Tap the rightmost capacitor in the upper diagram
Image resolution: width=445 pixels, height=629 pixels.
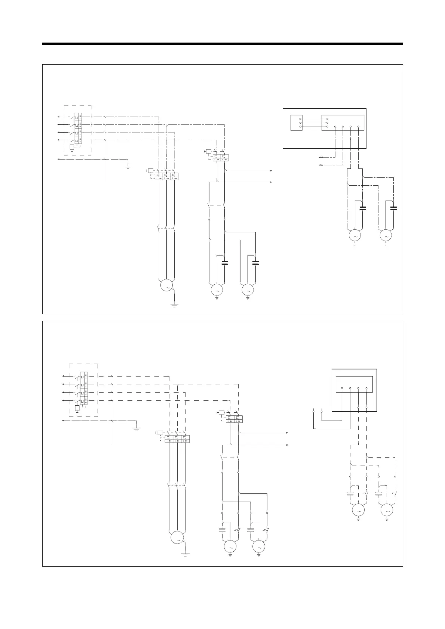(x=393, y=208)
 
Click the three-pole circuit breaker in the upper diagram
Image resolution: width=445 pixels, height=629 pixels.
(x=166, y=176)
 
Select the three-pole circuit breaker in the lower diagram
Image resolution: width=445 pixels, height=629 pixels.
(x=177, y=439)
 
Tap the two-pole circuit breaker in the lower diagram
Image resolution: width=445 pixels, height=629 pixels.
(x=234, y=419)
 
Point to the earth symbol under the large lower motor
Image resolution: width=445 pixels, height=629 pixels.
(x=185, y=554)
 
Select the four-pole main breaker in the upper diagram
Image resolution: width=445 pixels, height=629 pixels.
(x=78, y=129)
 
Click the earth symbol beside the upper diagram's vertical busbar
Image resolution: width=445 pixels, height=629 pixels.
(x=128, y=166)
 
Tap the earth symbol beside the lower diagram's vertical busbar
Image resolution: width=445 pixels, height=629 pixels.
(x=136, y=428)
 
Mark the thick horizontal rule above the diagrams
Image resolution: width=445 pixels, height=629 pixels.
(x=222, y=44)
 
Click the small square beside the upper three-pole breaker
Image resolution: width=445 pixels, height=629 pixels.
(x=150, y=171)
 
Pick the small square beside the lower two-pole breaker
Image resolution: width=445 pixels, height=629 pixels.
(x=221, y=412)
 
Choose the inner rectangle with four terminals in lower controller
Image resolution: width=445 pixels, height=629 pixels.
(x=355, y=384)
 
